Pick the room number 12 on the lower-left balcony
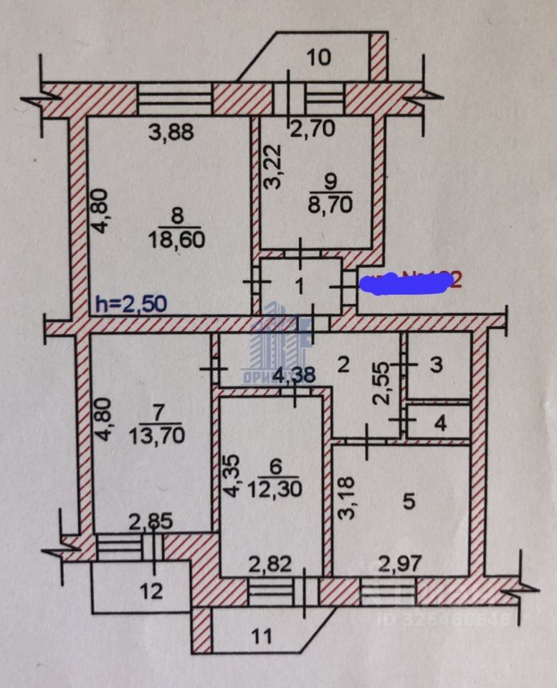151,591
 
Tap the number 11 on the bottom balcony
263,635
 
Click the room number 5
408,502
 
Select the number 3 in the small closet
436,365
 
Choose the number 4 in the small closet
440,424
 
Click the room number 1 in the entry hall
300,285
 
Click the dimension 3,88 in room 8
171,133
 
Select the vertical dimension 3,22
272,169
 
